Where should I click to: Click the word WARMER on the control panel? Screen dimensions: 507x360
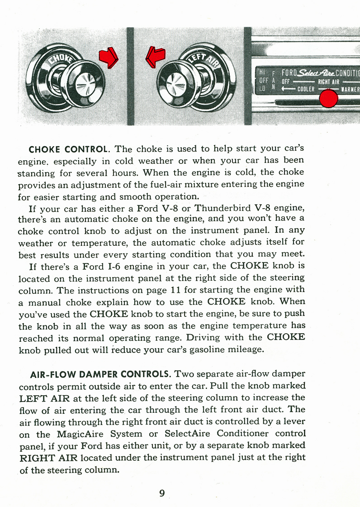(x=350, y=89)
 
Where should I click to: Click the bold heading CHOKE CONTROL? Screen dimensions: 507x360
(x=69, y=149)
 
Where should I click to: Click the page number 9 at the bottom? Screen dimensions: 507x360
(x=162, y=493)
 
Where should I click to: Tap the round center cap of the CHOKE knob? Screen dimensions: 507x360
(x=85, y=83)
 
